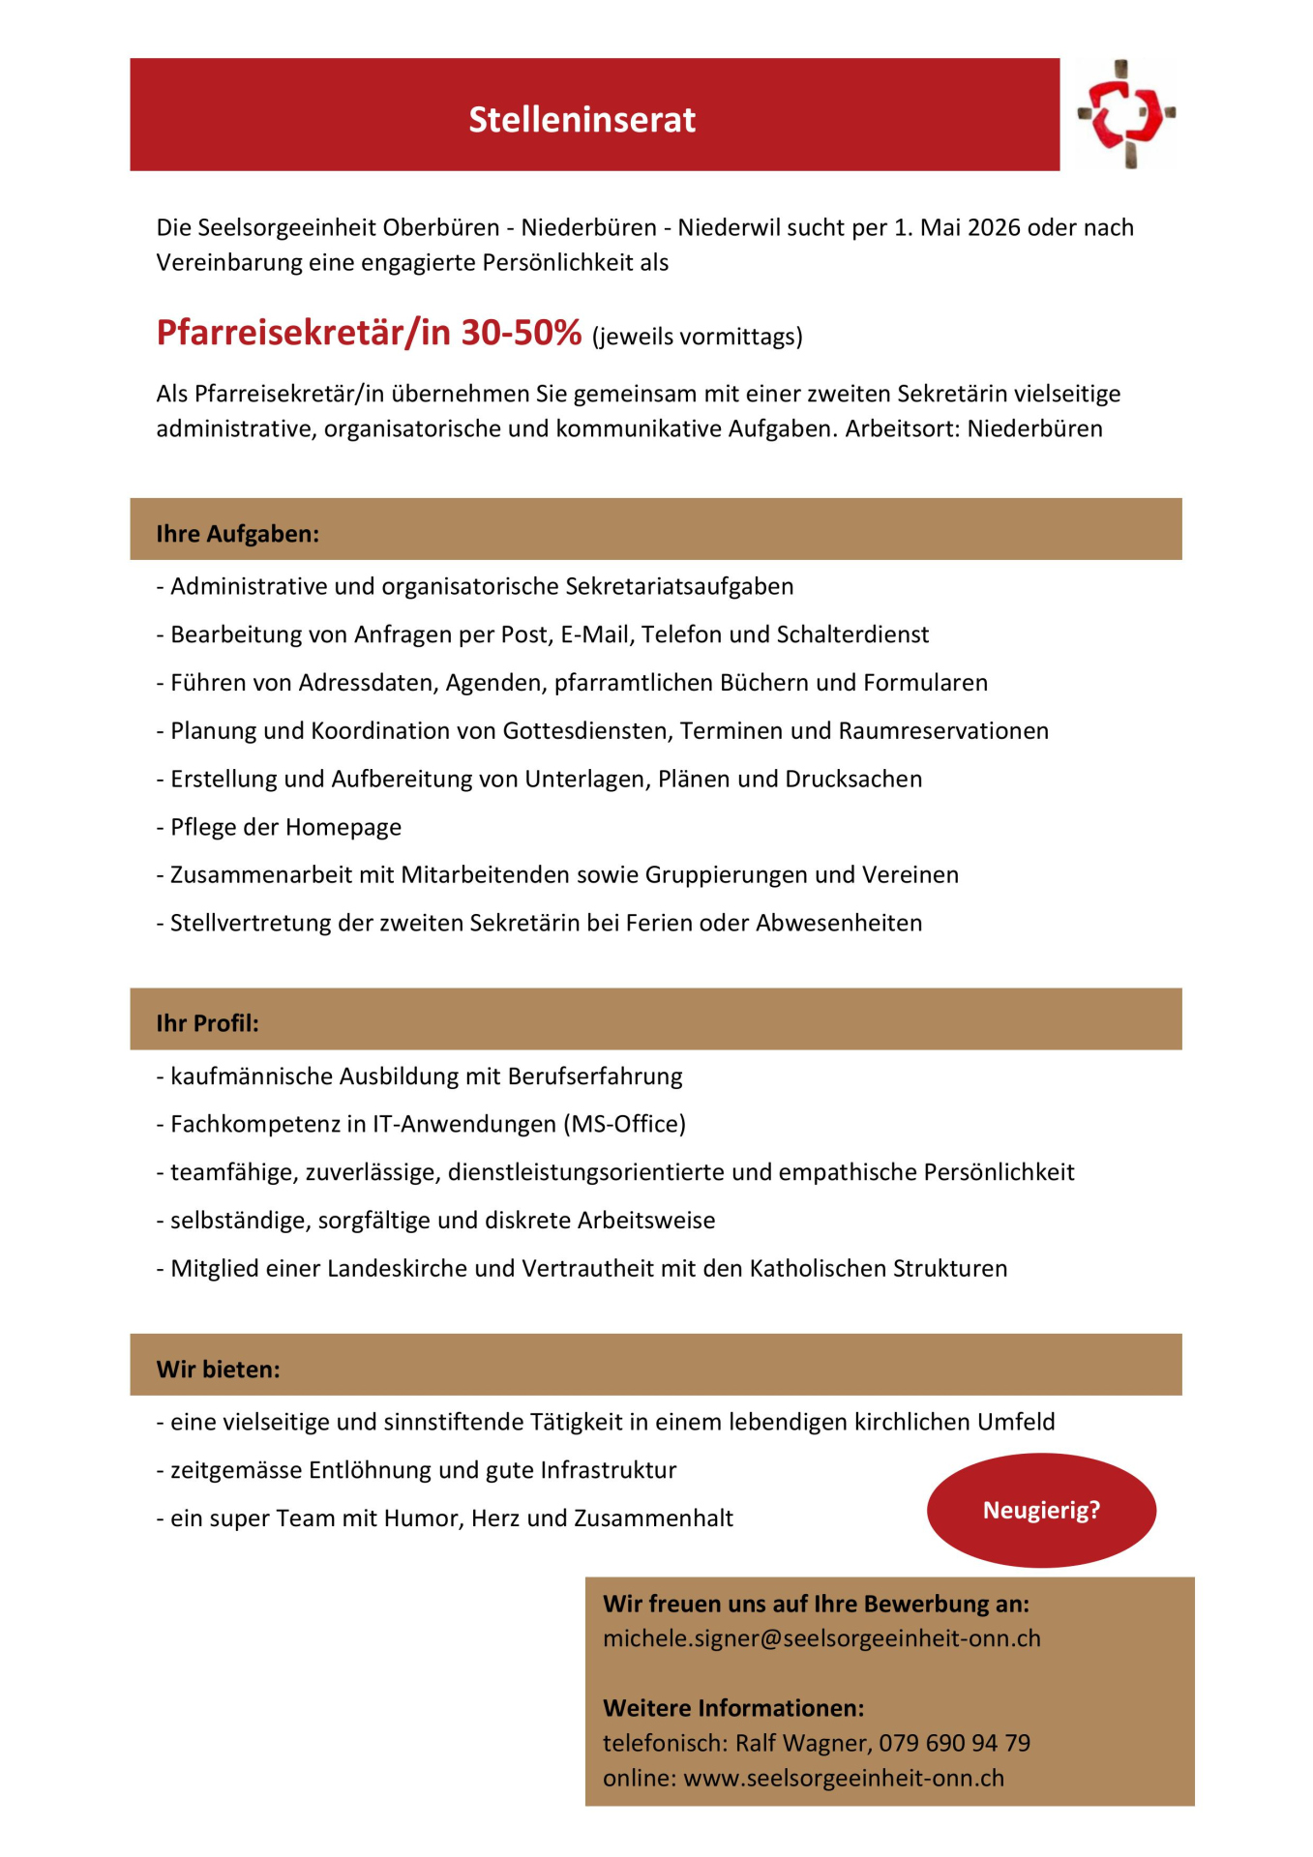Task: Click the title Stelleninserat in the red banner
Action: tap(582, 120)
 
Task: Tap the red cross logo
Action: tap(1125, 114)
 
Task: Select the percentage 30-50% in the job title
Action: tap(521, 333)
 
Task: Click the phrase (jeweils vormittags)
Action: tap(697, 337)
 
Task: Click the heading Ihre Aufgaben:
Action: tap(237, 534)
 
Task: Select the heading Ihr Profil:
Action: tap(207, 1023)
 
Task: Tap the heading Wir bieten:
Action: tap(218, 1370)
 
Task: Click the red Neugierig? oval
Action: tap(1041, 1510)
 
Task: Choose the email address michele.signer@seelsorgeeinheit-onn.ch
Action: tap(821, 1638)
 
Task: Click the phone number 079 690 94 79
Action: tap(954, 1743)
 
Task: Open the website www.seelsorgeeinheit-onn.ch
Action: tap(844, 1778)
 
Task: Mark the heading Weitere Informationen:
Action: tap(732, 1708)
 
